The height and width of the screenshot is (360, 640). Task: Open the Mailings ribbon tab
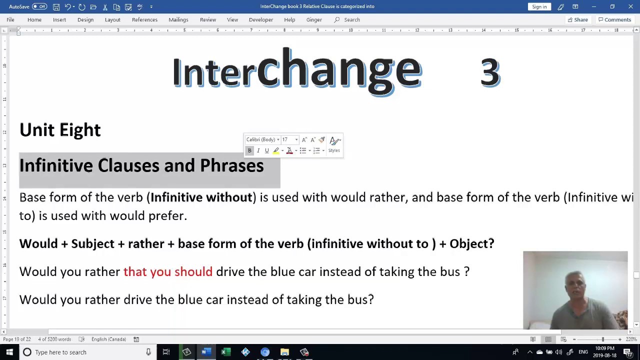click(178, 19)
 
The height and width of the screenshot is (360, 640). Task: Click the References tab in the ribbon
click(144, 19)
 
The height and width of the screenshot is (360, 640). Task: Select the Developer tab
click(261, 19)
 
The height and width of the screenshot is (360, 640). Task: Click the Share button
click(577, 19)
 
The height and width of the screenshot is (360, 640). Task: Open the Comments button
click(614, 19)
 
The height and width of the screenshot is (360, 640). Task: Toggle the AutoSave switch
click(39, 6)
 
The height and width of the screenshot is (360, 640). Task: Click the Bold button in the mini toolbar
click(249, 150)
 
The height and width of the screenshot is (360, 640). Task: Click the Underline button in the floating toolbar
click(266, 150)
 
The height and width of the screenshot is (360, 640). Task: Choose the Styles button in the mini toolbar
click(334, 144)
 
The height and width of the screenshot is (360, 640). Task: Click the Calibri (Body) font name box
click(260, 140)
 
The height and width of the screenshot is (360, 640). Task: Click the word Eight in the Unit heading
click(80, 130)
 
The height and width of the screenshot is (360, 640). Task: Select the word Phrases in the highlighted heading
click(231, 165)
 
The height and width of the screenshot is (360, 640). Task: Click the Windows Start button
click(9, 352)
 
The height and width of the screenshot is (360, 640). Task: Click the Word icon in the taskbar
click(205, 352)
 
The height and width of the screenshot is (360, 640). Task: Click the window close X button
click(630, 6)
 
